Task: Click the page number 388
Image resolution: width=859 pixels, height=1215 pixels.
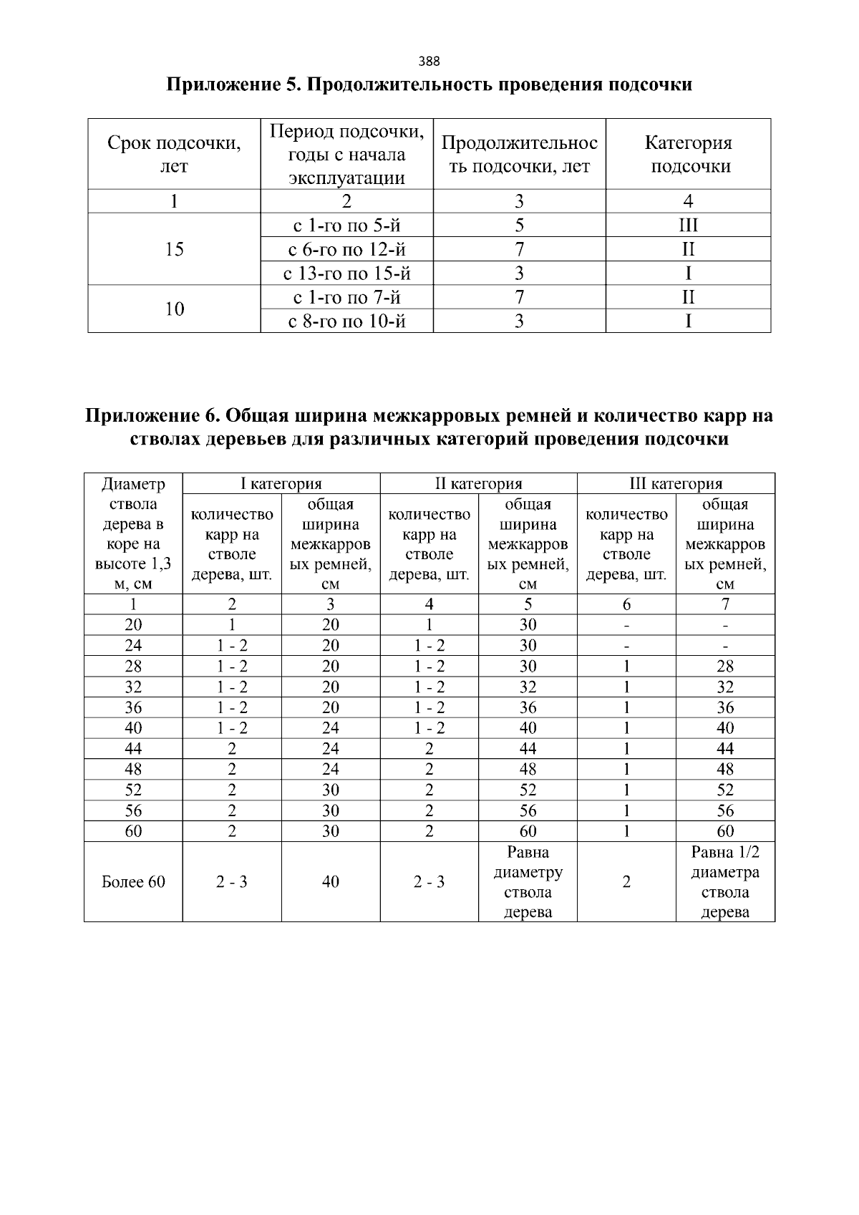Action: pyautogui.click(x=429, y=61)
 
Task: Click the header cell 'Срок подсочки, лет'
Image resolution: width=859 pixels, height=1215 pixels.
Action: pyautogui.click(x=174, y=154)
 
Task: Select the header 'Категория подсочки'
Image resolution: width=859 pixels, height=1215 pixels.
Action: pyautogui.click(x=688, y=154)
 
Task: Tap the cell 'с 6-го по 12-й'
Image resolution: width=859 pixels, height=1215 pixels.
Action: pyautogui.click(x=346, y=249)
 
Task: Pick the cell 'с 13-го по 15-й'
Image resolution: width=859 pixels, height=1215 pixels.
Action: pyautogui.click(x=346, y=274)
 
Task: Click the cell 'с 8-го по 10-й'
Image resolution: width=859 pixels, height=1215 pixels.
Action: pyautogui.click(x=346, y=321)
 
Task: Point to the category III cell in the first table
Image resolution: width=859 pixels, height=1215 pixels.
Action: pyautogui.click(x=688, y=226)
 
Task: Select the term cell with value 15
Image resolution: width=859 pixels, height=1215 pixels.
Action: pyautogui.click(x=174, y=249)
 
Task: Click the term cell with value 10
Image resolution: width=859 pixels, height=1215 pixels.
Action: pyautogui.click(x=174, y=309)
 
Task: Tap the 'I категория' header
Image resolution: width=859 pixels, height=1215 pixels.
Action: pyautogui.click(x=281, y=484)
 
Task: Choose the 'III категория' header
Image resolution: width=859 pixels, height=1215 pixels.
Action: pyautogui.click(x=675, y=484)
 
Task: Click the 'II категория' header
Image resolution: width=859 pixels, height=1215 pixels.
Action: pyautogui.click(x=478, y=484)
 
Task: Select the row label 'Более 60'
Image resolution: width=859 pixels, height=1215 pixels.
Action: pyautogui.click(x=133, y=881)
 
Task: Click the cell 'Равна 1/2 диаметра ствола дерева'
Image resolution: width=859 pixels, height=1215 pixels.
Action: pyautogui.click(x=725, y=881)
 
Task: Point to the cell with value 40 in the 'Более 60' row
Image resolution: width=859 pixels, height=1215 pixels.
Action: pyautogui.click(x=330, y=881)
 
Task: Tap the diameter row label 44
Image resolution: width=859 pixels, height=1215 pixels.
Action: pyautogui.click(x=133, y=749)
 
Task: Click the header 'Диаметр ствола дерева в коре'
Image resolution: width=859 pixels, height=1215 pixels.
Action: pyautogui.click(x=133, y=533)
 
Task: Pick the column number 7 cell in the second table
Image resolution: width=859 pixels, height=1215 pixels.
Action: pyautogui.click(x=725, y=604)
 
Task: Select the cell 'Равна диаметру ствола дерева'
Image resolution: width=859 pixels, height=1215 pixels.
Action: pyautogui.click(x=528, y=881)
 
